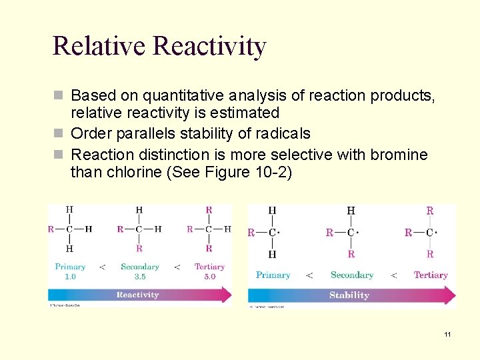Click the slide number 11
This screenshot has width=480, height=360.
point(447,334)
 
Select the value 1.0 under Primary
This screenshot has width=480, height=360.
point(70,277)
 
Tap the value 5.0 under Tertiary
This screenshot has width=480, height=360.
point(209,277)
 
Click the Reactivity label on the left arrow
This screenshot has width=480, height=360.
point(138,295)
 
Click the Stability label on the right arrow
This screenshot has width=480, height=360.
point(349,295)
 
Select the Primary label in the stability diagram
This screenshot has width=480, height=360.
point(273,275)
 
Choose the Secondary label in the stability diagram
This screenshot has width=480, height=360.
point(351,275)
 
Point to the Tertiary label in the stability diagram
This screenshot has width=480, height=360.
point(430,275)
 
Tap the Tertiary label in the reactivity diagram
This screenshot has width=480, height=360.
point(209,267)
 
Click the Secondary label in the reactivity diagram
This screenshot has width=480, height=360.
point(139,267)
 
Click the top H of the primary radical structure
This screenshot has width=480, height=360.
point(272,211)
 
